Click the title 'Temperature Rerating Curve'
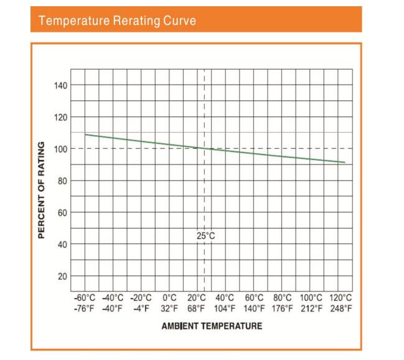[117, 21]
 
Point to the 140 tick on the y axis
[61, 85]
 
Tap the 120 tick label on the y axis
[61, 117]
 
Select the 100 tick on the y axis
[61, 149]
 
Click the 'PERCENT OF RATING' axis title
[42, 189]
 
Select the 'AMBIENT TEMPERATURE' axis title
[212, 326]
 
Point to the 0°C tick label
[169, 298]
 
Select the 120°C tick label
[340, 298]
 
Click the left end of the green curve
[85, 135]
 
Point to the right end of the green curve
[344, 163]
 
